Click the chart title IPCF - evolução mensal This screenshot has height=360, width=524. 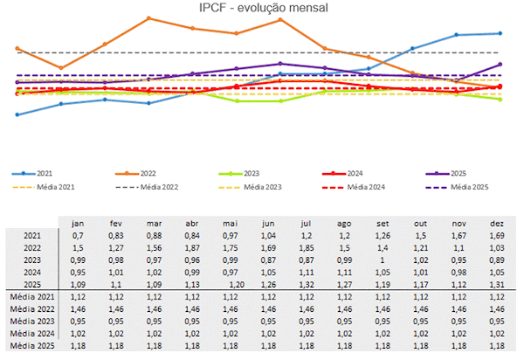[x=262, y=9]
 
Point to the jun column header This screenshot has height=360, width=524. [x=269, y=223]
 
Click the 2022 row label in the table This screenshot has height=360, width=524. [x=31, y=248]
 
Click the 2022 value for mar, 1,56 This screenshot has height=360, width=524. [x=155, y=248]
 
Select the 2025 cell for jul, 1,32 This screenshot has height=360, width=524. [x=308, y=285]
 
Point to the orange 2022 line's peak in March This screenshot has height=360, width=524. [x=149, y=18]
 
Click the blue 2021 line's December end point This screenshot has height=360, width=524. [x=500, y=33]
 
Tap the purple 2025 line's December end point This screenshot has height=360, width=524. [x=500, y=64]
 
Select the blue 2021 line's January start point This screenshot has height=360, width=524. [x=17, y=114]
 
